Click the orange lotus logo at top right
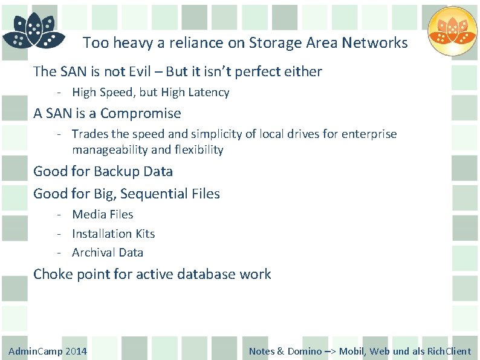pyautogui.click(x=452, y=31)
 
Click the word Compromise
pyautogui.click(x=140, y=113)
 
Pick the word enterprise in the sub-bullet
pyautogui.click(x=368, y=134)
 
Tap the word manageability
pyautogui.click(x=109, y=149)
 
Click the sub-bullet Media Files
pyautogui.click(x=102, y=214)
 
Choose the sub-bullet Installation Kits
pyautogui.click(x=113, y=234)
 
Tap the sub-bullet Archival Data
pyautogui.click(x=107, y=252)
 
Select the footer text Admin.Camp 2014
pyautogui.click(x=48, y=351)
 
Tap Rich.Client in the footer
pyautogui.click(x=449, y=351)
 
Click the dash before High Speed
pyautogui.click(x=60, y=93)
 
